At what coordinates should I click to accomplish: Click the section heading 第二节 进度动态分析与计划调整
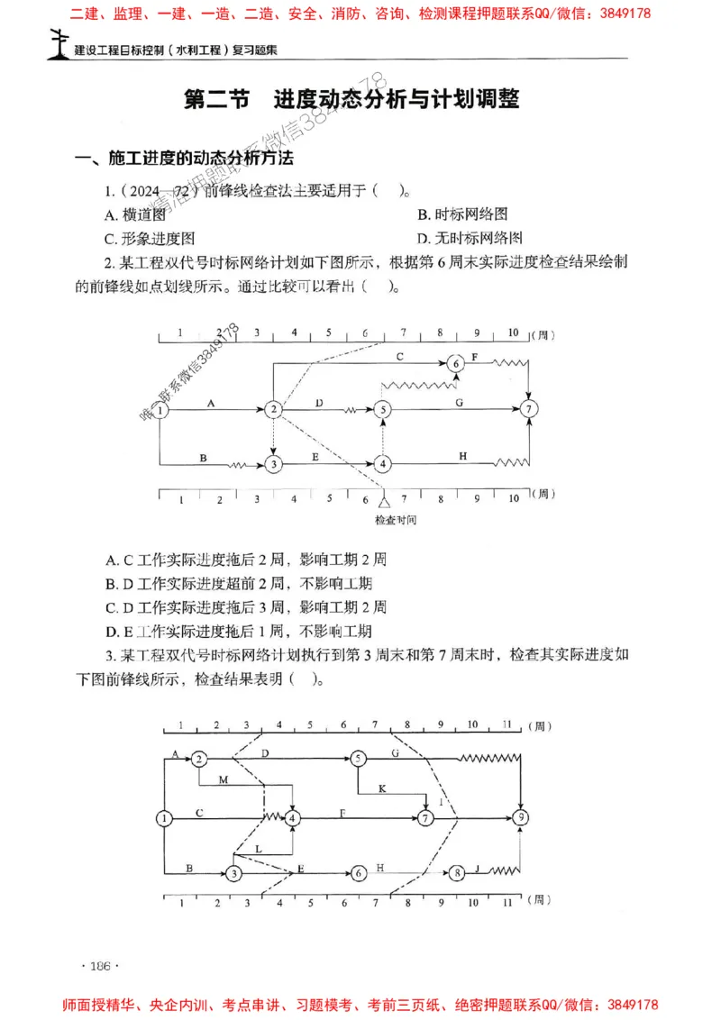pos(351,99)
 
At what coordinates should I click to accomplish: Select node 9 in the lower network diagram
pos(521,818)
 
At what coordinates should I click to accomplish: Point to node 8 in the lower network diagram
pos(458,872)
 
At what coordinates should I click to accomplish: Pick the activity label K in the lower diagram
pos(381,788)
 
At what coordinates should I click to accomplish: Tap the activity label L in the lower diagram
pos(259,849)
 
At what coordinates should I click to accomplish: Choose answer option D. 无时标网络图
pos(470,239)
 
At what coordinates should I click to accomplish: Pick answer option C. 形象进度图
pos(150,239)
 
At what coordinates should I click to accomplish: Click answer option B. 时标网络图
pos(462,214)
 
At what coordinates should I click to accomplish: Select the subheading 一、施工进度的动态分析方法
pos(185,159)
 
